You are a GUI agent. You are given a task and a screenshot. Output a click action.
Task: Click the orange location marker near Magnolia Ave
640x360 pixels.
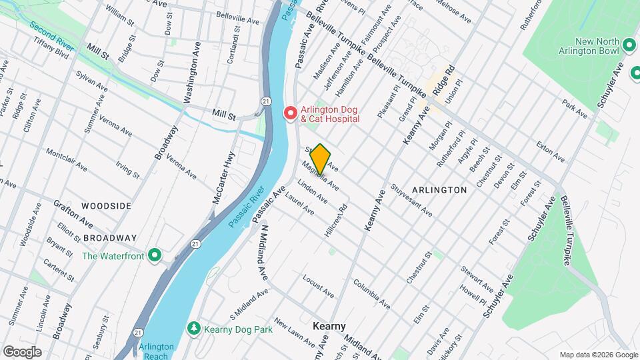point(320,159)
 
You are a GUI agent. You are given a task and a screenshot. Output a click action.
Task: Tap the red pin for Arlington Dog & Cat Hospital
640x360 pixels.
point(291,113)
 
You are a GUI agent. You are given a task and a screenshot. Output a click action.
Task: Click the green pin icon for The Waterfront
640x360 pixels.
point(155,255)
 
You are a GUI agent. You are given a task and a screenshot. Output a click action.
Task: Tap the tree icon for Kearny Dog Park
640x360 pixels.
point(193,327)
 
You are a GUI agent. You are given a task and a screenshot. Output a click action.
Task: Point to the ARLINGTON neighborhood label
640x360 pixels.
point(439,190)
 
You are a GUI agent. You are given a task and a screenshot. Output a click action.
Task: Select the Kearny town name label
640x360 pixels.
point(329,326)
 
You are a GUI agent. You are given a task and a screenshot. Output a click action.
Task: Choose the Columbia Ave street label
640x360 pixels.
point(371,294)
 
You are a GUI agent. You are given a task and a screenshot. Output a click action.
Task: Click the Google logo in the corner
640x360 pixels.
point(21,351)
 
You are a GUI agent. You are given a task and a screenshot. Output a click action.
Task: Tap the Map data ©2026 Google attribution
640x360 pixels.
point(597,355)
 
